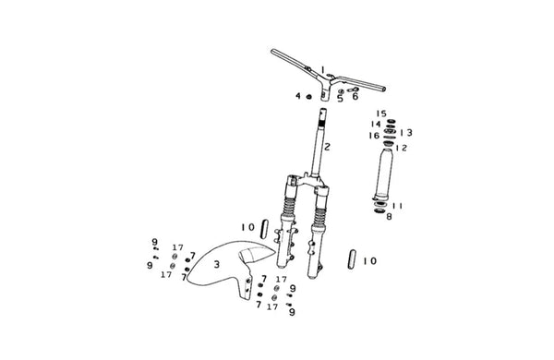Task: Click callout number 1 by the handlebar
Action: click(322, 69)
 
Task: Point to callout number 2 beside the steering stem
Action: click(327, 147)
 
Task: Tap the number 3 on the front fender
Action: click(217, 264)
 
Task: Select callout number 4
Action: click(298, 96)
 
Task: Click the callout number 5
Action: click(340, 99)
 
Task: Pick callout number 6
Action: click(355, 96)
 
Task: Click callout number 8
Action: click(389, 217)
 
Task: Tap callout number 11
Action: click(397, 206)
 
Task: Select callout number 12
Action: click(402, 148)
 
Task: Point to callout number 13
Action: click(406, 133)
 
